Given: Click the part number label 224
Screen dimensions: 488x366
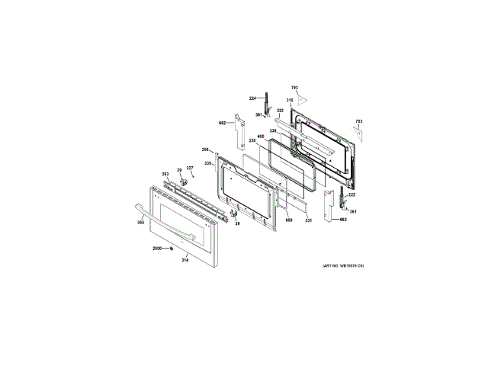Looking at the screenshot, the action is (x=253, y=98).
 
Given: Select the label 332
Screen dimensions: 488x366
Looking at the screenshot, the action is (x=280, y=111).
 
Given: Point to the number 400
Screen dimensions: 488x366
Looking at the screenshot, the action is (x=261, y=136).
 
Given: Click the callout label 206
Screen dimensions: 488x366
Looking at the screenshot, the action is (x=205, y=149).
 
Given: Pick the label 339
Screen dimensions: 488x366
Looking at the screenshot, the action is (x=207, y=163).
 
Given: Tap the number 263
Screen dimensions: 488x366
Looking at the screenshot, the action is (x=165, y=174).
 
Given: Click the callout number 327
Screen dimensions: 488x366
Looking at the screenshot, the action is (x=190, y=169).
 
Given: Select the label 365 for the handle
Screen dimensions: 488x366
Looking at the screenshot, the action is (x=140, y=222).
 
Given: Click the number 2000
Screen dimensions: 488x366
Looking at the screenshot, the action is (x=157, y=249).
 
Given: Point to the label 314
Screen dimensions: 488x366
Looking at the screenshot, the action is (x=185, y=260).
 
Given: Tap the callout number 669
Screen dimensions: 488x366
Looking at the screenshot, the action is (x=288, y=220).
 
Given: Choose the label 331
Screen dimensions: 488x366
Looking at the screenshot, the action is (x=308, y=220).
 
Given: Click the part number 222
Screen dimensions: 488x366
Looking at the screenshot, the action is (x=352, y=195).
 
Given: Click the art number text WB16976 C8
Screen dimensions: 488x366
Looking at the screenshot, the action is (x=344, y=265).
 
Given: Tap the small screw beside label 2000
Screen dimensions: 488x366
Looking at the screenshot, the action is (x=172, y=249).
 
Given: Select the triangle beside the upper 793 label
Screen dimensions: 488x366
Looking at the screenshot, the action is (x=303, y=100).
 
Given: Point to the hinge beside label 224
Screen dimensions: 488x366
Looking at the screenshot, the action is (x=267, y=103).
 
